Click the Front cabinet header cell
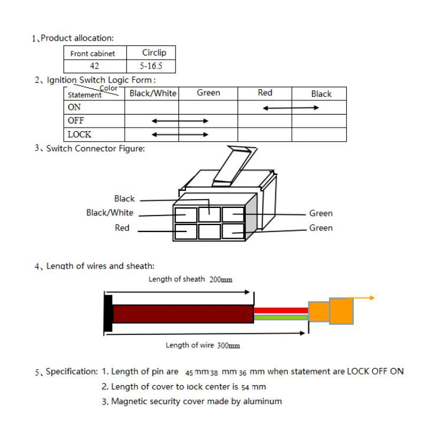click(93, 54)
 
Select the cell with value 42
click(94, 66)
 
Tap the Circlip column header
click(154, 53)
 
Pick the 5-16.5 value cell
click(154, 66)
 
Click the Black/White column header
click(152, 93)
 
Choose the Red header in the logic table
click(265, 93)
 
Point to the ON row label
click(74, 108)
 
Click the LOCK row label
click(79, 135)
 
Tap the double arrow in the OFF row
click(180, 121)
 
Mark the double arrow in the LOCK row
click(180, 135)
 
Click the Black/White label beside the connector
click(110, 213)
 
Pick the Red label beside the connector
click(122, 228)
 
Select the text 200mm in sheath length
click(221, 279)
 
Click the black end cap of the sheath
click(108, 312)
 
